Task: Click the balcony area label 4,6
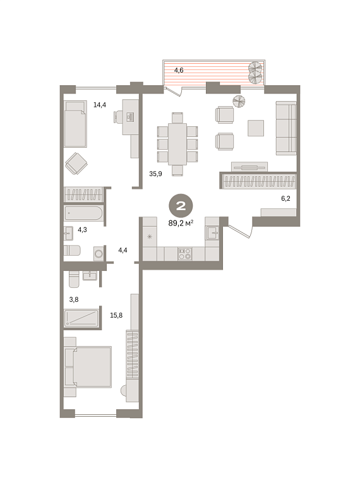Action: tap(179, 71)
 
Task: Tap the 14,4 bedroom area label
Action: tap(100, 105)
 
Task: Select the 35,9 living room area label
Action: tap(155, 174)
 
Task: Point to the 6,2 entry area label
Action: tap(285, 198)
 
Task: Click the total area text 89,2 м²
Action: tap(181, 223)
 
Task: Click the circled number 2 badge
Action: tap(181, 206)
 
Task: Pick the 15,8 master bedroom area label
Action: tap(116, 316)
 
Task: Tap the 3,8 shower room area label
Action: tap(74, 300)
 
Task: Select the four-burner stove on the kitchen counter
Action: tap(185, 254)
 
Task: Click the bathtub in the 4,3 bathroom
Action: tap(83, 213)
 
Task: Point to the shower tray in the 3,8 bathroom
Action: tap(81, 318)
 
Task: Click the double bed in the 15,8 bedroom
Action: tap(88, 367)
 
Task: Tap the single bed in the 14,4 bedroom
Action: tap(76, 124)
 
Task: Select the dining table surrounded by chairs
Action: tap(177, 144)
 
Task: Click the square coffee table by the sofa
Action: tap(256, 128)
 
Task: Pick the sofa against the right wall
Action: tap(286, 128)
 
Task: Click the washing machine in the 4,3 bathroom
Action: tap(99, 254)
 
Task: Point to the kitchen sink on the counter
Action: tap(212, 233)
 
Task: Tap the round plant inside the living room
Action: tap(239, 101)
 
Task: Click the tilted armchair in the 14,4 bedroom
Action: tap(76, 164)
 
